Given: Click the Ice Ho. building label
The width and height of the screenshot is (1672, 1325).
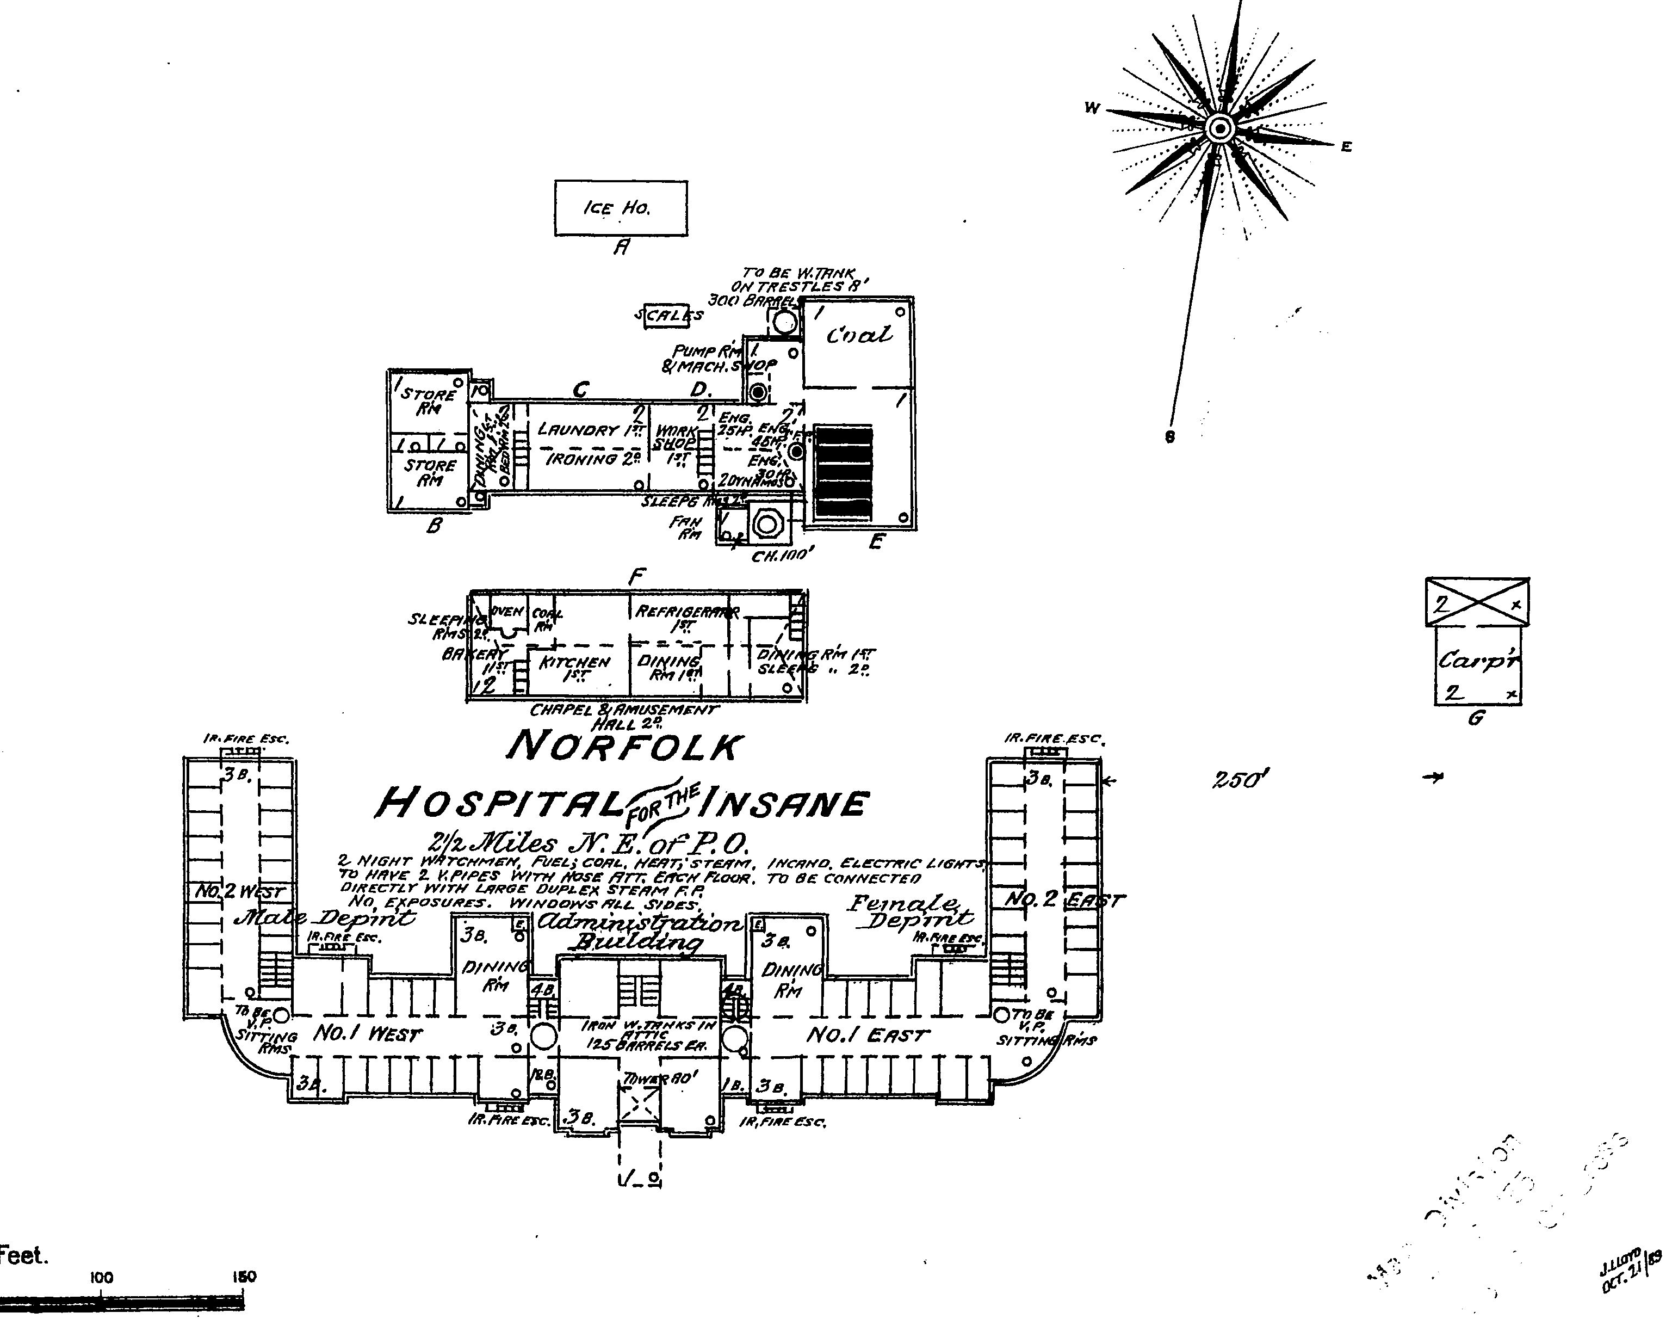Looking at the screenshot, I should pyautogui.click(x=617, y=208).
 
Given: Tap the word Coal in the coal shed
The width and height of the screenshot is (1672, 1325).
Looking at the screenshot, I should pyautogui.click(x=858, y=335).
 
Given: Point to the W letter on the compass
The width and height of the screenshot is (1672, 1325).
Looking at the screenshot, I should pyautogui.click(x=1092, y=109).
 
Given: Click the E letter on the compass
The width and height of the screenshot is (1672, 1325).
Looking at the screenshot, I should pyautogui.click(x=1346, y=146).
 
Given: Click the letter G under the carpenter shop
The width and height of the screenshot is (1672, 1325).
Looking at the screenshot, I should pyautogui.click(x=1475, y=718).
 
